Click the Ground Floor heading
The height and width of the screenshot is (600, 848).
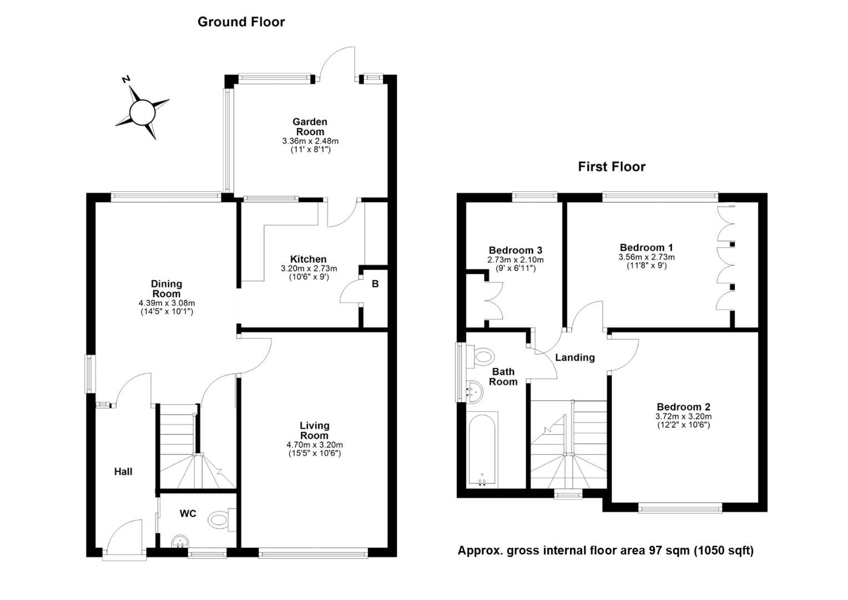coord(241,22)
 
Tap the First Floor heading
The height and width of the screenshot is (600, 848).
coord(612,167)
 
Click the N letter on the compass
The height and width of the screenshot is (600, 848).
coord(126,79)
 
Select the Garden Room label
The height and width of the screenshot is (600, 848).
coord(310,127)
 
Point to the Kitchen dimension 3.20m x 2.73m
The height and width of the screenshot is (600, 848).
coord(309,269)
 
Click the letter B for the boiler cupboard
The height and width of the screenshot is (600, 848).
coord(375,284)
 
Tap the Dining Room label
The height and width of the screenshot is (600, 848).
coord(166,289)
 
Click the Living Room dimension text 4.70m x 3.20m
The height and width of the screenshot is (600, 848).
coord(315,444)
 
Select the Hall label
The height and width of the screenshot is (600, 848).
coord(123,472)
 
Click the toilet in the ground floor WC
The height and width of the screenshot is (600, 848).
coord(222,519)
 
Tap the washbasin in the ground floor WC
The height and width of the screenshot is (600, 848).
coord(180,542)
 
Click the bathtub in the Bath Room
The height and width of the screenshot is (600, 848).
coord(482,450)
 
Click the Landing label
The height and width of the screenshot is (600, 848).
coord(574,357)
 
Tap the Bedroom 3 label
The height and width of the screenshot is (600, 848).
coord(515,250)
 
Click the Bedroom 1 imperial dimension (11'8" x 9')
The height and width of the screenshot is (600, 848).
coord(647,266)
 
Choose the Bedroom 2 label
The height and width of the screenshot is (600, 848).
coord(683,407)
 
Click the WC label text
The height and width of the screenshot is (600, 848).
coord(188,513)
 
